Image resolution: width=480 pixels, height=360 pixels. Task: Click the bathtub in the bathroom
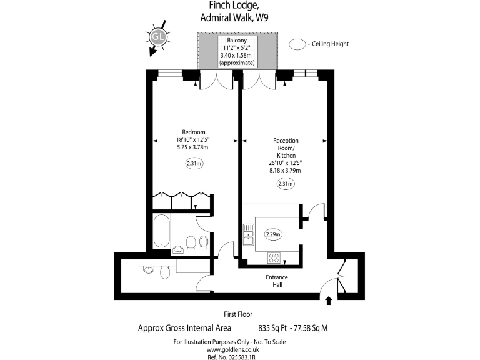click(161, 231)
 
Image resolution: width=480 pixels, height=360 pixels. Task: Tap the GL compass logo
click(158, 37)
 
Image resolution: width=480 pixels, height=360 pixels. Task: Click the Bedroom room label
click(194, 132)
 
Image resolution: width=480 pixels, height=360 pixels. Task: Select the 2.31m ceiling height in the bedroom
click(194, 163)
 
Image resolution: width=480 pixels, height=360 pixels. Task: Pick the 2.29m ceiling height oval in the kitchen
click(273, 234)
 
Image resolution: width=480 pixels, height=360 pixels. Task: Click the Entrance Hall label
click(277, 281)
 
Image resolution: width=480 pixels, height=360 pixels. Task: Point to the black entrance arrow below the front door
click(329, 301)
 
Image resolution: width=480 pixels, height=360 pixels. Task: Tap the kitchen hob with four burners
click(274, 257)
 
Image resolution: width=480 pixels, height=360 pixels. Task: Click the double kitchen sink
click(249, 235)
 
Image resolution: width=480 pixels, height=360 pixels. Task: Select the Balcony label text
click(237, 40)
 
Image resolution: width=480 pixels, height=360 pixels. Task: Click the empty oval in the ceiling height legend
click(297, 44)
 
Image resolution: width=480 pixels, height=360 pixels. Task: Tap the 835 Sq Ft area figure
click(272, 328)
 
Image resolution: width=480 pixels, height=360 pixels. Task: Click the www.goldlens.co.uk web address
click(232, 349)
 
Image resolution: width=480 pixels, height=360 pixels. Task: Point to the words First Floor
click(238, 314)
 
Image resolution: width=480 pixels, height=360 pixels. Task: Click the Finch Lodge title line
click(232, 5)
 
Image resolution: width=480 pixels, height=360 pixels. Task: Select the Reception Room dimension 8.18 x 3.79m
click(285, 171)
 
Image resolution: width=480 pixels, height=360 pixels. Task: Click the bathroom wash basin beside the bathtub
click(178, 250)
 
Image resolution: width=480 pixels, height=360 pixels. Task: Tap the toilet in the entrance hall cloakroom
click(165, 272)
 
